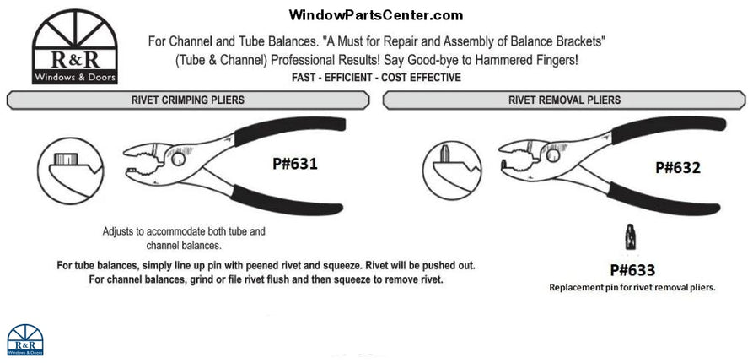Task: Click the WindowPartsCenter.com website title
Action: point(375,14)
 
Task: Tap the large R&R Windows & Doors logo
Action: point(73,49)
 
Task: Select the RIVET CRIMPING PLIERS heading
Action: point(187,100)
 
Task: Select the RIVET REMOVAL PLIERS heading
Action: point(564,100)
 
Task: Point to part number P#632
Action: point(678,167)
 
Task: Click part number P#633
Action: point(632,270)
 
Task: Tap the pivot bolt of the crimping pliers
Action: point(180,159)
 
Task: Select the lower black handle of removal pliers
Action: point(675,200)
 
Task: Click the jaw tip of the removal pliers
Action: point(507,162)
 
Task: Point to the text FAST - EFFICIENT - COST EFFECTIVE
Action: point(376,78)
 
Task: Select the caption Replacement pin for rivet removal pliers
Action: point(632,287)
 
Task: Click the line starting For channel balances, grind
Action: point(266,279)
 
